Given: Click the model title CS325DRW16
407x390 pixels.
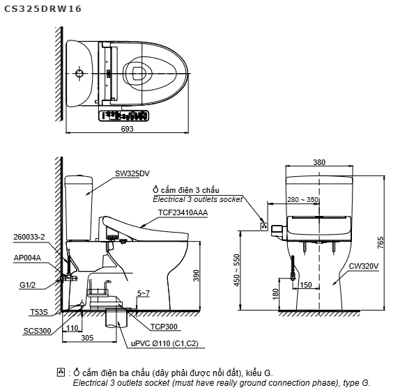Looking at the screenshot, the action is [x=43, y=9].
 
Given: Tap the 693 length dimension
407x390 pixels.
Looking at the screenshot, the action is [x=127, y=129].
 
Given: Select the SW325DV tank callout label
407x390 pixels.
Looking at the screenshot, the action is [x=132, y=173].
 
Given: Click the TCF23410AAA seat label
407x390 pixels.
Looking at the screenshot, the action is [x=183, y=212].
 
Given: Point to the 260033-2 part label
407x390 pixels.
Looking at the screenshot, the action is [x=29, y=237].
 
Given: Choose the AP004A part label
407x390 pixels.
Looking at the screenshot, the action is [x=27, y=258].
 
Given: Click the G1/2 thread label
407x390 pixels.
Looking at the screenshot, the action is [x=27, y=285].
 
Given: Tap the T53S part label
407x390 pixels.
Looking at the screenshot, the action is [x=39, y=312].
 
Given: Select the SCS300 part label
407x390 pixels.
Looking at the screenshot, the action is [x=37, y=331].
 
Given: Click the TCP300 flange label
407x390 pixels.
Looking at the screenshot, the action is [x=164, y=327].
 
